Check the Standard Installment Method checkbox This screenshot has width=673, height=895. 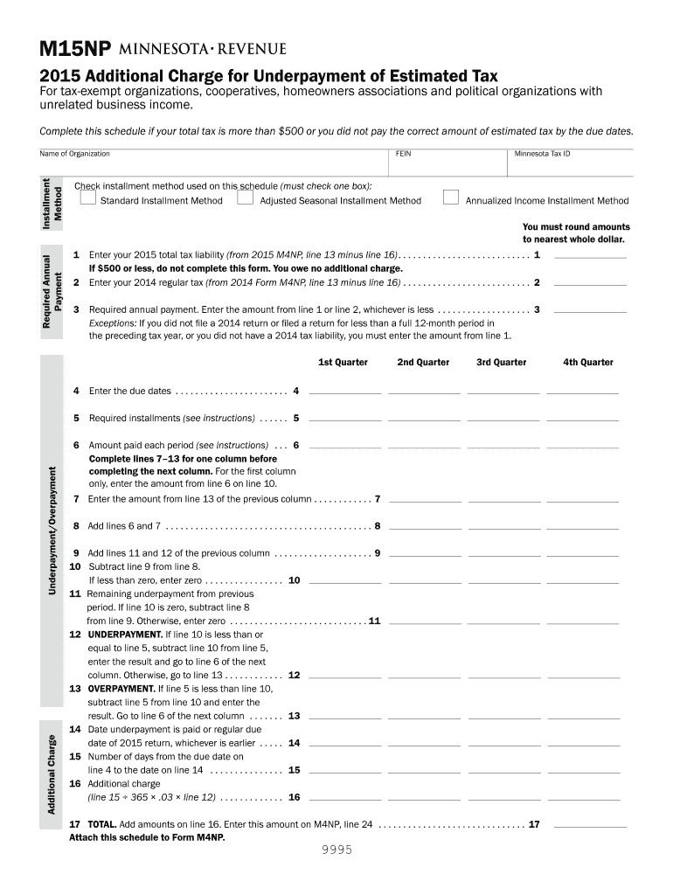[x=87, y=198]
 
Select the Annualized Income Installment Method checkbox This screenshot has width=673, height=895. [x=451, y=198]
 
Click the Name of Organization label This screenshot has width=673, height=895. [x=75, y=154]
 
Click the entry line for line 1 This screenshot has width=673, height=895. [x=591, y=255]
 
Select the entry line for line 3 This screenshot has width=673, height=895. [x=591, y=309]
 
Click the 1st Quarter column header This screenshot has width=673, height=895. [x=343, y=363]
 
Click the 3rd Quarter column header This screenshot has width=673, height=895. [x=502, y=363]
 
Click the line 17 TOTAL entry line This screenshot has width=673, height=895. [x=591, y=824]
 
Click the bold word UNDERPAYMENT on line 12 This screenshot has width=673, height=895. [x=121, y=635]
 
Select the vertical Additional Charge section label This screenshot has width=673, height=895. [x=52, y=774]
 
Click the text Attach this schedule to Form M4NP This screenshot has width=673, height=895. [x=147, y=837]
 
